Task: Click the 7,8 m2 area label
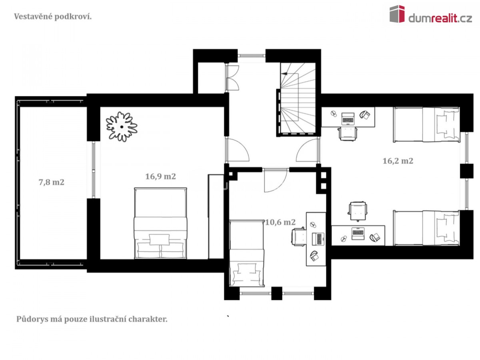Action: (52, 182)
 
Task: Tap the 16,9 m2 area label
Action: (160, 176)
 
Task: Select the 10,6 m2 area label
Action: (280, 222)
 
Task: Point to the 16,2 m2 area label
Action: (398, 161)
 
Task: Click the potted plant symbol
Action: (121, 127)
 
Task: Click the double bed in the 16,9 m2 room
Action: (160, 223)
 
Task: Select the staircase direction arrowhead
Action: (284, 74)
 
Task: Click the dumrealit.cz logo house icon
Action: (397, 14)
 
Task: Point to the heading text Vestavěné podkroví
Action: (53, 17)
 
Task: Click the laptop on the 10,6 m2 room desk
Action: (318, 239)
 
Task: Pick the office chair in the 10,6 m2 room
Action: (299, 237)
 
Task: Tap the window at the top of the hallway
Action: (252, 56)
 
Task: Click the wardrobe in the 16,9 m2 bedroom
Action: (216, 217)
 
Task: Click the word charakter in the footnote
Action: (148, 319)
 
